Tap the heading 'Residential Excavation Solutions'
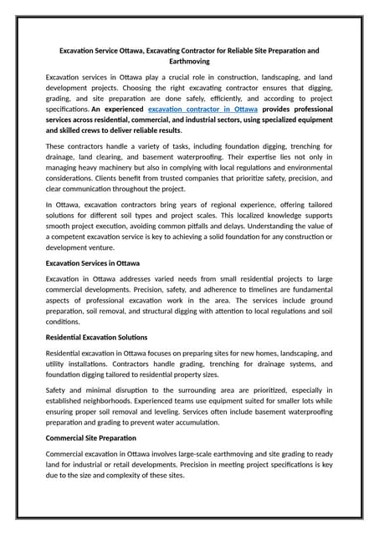[97, 337]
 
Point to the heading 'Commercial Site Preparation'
[90, 437]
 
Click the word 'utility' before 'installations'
[57, 364]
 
